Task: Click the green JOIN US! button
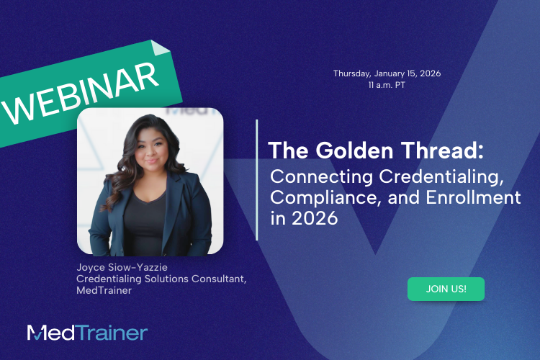coord(446,289)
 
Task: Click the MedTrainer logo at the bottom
coord(87,333)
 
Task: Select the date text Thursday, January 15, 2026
coord(387,73)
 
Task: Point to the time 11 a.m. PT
coord(387,84)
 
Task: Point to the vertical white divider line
coord(257,179)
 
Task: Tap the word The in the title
coord(284,151)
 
